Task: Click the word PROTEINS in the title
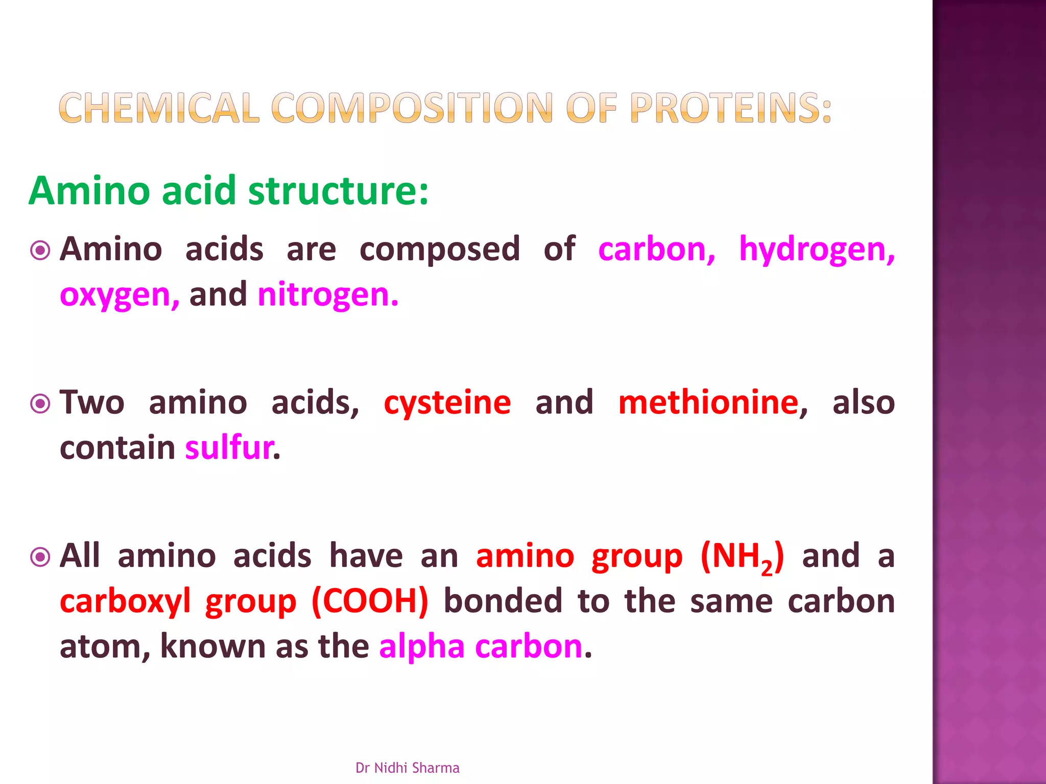click(730, 108)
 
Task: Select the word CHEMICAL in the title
click(159, 108)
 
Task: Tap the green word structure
click(338, 191)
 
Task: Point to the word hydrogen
click(817, 251)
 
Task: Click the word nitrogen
click(327, 296)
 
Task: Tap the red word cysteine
click(447, 403)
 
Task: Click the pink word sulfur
click(229, 448)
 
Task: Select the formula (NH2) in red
click(742, 557)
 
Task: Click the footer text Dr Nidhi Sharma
click(407, 768)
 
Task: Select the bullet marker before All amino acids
click(40, 557)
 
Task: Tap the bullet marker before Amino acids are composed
click(40, 251)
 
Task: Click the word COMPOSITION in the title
click(412, 108)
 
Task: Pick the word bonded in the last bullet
click(503, 601)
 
